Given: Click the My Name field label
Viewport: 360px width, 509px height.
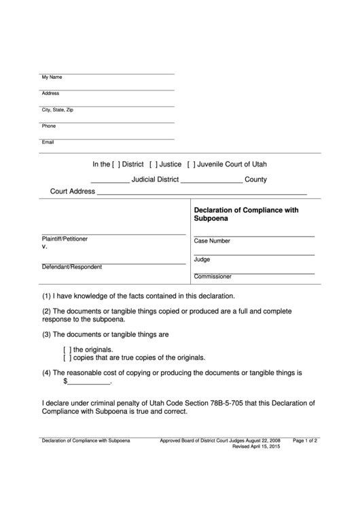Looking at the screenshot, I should click(x=52, y=77).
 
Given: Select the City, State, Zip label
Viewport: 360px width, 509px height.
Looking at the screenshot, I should click(x=58, y=109).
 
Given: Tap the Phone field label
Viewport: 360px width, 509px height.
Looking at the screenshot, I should click(x=49, y=126).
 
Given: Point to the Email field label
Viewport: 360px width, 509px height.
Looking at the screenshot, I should click(x=48, y=142).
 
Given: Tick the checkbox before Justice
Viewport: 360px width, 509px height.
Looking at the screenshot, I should click(x=154, y=164).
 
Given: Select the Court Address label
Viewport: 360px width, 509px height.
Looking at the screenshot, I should click(x=73, y=192).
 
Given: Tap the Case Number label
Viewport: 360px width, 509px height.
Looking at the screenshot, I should click(x=212, y=241).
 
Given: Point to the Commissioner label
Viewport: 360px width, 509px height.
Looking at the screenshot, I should click(x=213, y=277).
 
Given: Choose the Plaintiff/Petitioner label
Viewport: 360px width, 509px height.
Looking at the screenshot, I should click(x=65, y=239).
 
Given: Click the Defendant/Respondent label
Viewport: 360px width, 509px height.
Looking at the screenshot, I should click(x=72, y=267).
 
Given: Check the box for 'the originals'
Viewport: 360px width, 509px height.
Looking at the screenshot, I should click(x=67, y=349).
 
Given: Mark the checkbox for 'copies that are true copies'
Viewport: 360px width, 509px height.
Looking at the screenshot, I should click(x=67, y=357).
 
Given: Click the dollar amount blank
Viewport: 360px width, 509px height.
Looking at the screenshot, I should click(x=88, y=382).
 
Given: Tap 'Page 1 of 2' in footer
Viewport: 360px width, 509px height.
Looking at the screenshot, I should click(x=305, y=440).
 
